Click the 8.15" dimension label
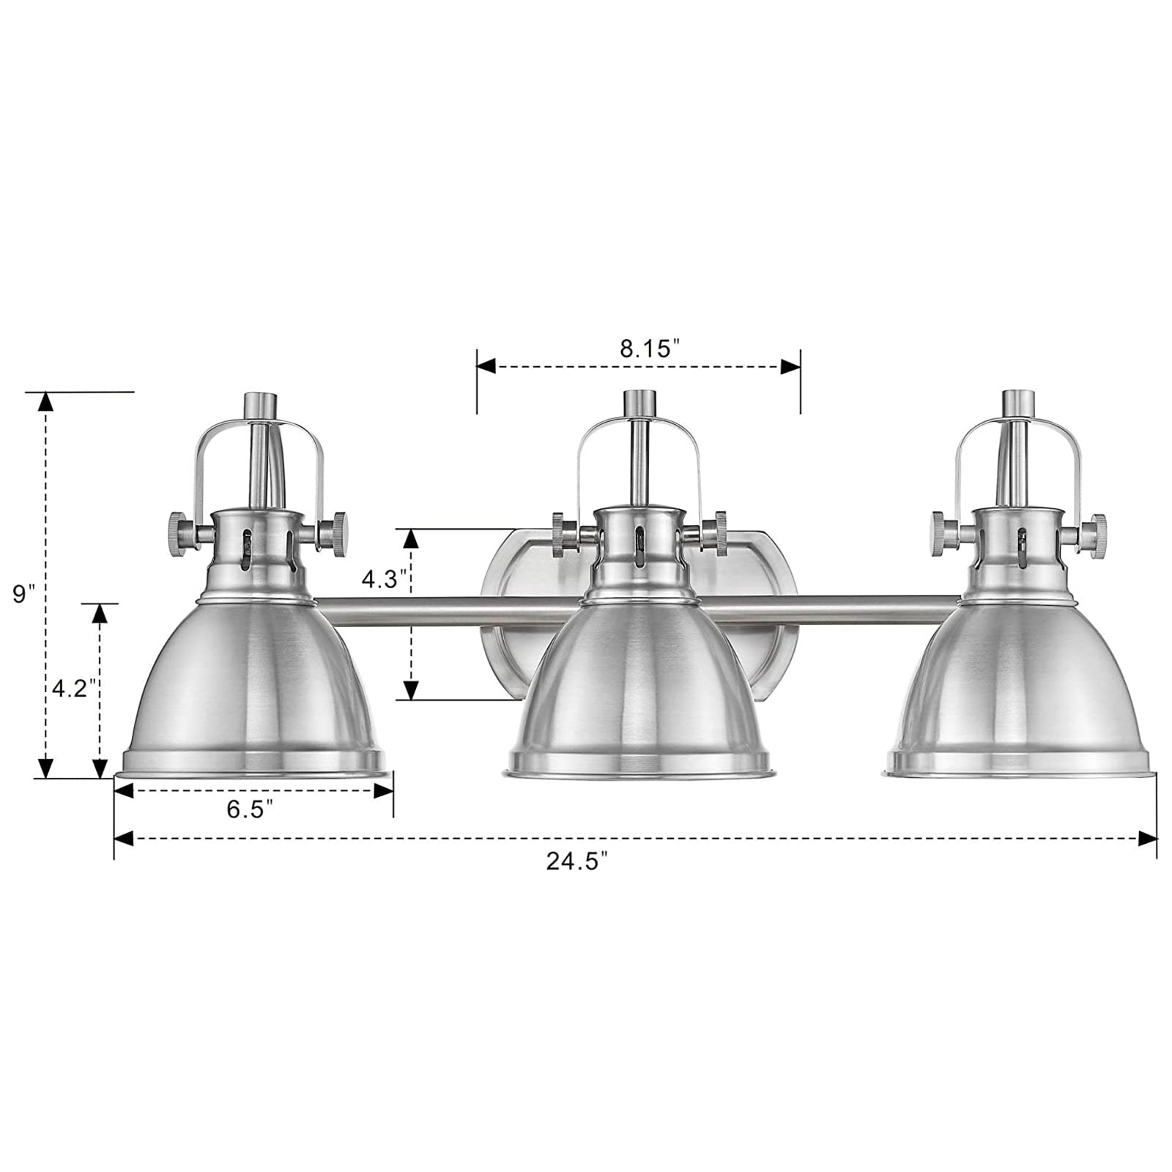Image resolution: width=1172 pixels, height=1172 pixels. tap(645, 349)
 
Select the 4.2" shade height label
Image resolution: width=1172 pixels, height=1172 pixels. tap(74, 688)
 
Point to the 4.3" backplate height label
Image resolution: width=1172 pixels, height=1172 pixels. tap(384, 579)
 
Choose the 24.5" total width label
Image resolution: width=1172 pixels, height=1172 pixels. tap(577, 861)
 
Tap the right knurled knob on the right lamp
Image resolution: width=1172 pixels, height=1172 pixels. tap(1096, 527)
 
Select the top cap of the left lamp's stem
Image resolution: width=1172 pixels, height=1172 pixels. tap(260, 404)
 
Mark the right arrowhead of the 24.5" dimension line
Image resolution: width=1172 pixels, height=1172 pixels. tap(1147, 838)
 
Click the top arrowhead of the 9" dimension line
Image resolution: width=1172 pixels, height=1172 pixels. tap(45, 402)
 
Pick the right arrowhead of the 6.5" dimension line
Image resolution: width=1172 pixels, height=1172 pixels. tap(384, 790)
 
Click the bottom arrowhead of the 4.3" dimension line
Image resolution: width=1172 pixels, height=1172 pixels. tap(411, 689)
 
